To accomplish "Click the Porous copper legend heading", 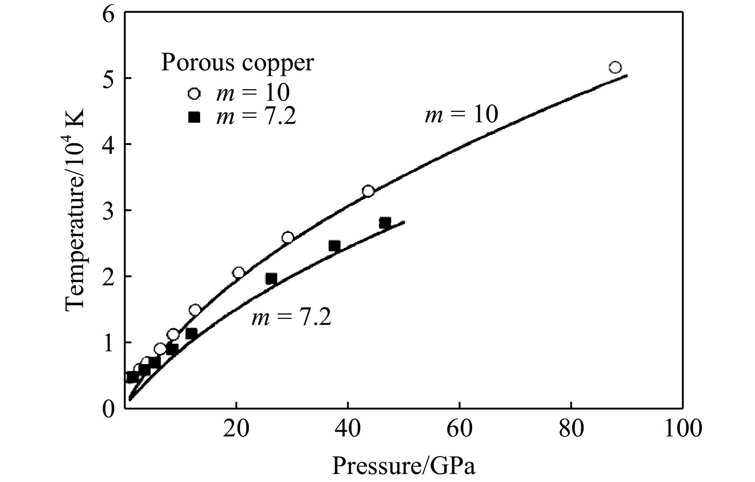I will [237, 63].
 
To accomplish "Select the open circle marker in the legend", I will [194, 94].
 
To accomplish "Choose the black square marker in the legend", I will [194, 117].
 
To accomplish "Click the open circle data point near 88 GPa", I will [615, 67].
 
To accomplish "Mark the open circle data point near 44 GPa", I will [368, 191].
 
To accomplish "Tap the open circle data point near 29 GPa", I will [288, 238].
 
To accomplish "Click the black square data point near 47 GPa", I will [385, 223].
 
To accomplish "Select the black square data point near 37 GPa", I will [334, 246].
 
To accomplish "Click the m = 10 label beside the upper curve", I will [461, 115].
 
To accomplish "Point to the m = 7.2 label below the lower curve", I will [291, 318].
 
